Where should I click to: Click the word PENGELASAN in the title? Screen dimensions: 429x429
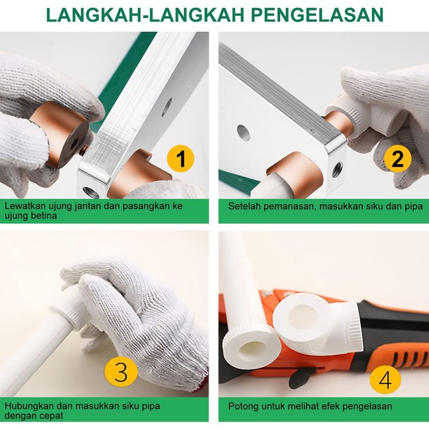coord(317,15)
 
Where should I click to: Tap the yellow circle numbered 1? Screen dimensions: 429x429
coord(181,158)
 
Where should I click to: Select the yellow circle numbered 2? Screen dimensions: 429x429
coord(397,158)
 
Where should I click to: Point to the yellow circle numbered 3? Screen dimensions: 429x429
coord(121,372)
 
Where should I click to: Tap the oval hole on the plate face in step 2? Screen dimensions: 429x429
coord(243,133)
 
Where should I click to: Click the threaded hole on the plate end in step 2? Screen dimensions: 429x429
coord(337,170)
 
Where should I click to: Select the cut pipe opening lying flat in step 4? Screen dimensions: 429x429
coord(252,349)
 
